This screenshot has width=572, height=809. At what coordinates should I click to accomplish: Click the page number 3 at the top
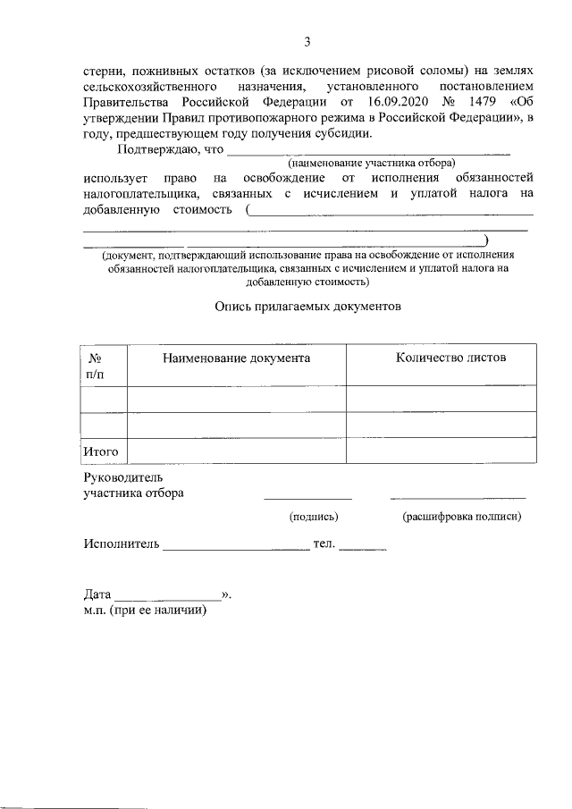307,41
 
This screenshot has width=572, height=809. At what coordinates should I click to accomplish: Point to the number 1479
484,102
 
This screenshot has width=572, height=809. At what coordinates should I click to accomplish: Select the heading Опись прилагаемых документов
307,305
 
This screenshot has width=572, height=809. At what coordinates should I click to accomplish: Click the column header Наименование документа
236,358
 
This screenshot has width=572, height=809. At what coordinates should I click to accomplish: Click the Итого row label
101,451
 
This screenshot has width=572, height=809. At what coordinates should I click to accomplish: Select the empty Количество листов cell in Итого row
441,451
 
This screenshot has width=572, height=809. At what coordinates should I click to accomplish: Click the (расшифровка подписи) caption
461,516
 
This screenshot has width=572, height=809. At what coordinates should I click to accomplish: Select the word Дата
97,594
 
